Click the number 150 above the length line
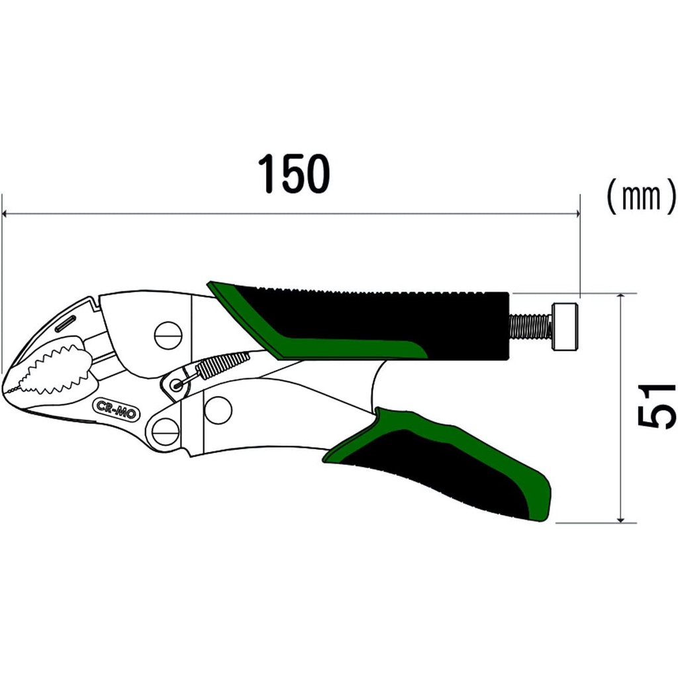pyautogui.click(x=293, y=174)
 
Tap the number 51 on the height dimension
pyautogui.click(x=656, y=407)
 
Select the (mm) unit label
pyautogui.click(x=640, y=197)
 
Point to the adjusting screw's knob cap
pyautogui.click(x=565, y=326)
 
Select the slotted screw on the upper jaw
pyautogui.click(x=168, y=335)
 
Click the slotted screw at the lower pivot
pyautogui.click(x=166, y=432)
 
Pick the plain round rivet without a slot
pyautogui.click(x=218, y=410)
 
